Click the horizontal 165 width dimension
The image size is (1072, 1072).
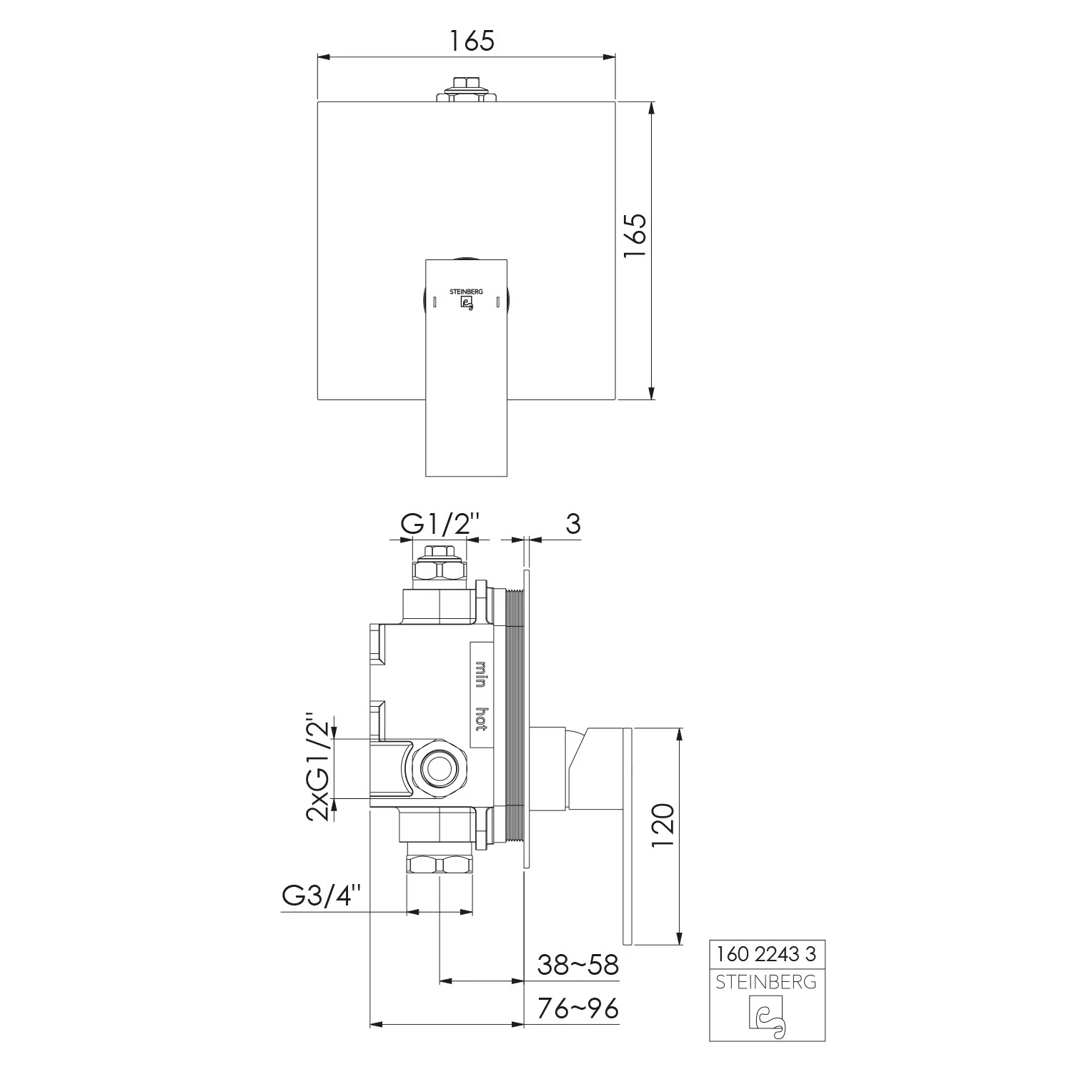tap(472, 41)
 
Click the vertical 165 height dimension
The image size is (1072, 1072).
tap(636, 236)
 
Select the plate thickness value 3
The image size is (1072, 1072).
tap(572, 524)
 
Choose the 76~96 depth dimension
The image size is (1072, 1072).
tap(577, 1008)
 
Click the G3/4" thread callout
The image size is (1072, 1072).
tap(322, 895)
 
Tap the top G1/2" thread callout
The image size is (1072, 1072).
tap(439, 525)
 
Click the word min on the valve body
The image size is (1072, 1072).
tap(481, 674)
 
